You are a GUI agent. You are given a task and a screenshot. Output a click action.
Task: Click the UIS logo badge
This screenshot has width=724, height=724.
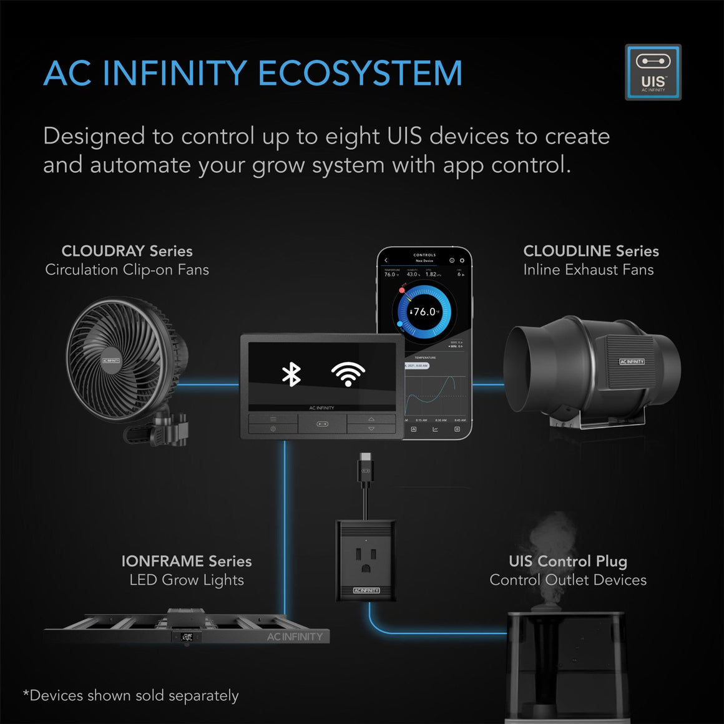point(653,72)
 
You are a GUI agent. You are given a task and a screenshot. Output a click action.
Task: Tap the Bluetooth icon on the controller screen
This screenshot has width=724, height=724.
point(291,374)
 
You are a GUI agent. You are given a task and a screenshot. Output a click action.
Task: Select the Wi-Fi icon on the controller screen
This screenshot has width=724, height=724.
point(348,374)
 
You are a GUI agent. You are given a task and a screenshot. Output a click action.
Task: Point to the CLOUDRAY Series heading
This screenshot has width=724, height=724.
point(127,251)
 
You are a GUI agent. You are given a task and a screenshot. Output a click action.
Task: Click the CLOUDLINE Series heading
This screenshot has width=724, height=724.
point(590,251)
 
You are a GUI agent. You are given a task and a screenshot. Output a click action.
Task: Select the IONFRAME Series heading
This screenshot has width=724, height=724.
point(186,561)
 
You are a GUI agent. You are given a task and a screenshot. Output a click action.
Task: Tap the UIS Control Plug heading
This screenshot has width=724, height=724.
point(567,561)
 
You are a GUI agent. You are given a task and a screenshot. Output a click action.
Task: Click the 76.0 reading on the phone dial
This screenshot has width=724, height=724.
point(424,311)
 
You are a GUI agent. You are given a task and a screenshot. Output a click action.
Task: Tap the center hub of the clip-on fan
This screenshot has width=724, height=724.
point(111,361)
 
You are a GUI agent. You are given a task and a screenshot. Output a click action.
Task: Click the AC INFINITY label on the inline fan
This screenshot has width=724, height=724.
point(632,361)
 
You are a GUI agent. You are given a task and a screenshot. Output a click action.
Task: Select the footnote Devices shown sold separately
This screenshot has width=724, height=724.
point(131,695)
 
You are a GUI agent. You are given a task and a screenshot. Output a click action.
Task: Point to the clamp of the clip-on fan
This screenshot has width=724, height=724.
point(165,428)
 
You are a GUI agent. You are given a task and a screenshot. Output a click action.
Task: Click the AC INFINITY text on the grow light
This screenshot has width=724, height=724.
point(295,637)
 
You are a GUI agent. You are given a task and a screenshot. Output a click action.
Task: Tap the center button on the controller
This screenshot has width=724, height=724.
point(322,424)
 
